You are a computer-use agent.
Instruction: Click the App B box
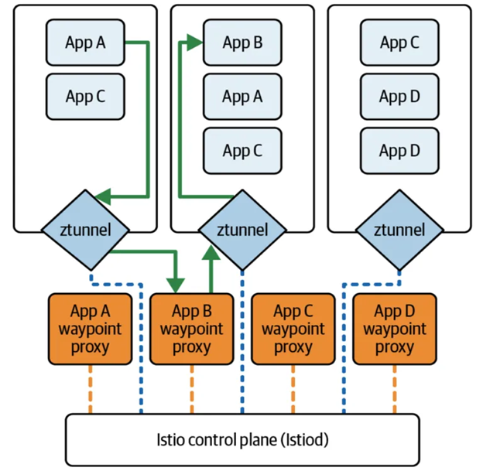point(242,43)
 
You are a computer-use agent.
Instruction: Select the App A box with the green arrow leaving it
point(85,43)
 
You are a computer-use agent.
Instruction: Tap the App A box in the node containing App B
point(242,97)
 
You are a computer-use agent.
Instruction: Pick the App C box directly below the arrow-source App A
point(85,97)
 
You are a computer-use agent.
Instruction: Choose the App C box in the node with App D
point(399,43)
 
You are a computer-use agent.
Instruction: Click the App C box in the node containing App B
point(242,151)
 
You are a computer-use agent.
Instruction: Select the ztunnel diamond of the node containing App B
point(242,230)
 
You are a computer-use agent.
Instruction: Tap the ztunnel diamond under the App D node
point(399,230)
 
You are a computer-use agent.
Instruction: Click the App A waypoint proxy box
point(88,329)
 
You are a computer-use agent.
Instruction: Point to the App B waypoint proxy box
point(191,329)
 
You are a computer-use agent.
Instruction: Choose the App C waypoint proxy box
point(293,329)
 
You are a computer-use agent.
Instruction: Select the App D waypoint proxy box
point(394,329)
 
